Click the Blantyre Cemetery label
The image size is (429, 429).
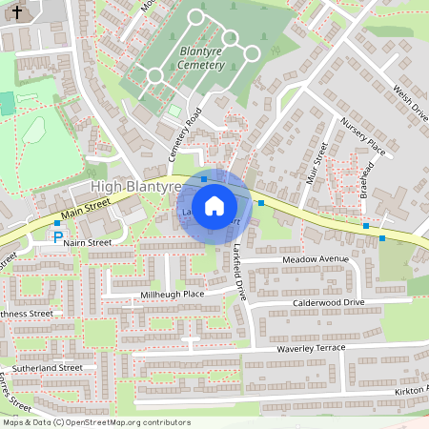click(x=200, y=57)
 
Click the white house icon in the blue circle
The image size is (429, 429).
click(x=215, y=205)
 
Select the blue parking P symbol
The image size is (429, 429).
click(x=57, y=236)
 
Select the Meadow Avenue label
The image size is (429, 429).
click(x=316, y=259)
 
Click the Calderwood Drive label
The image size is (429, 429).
click(x=328, y=302)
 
